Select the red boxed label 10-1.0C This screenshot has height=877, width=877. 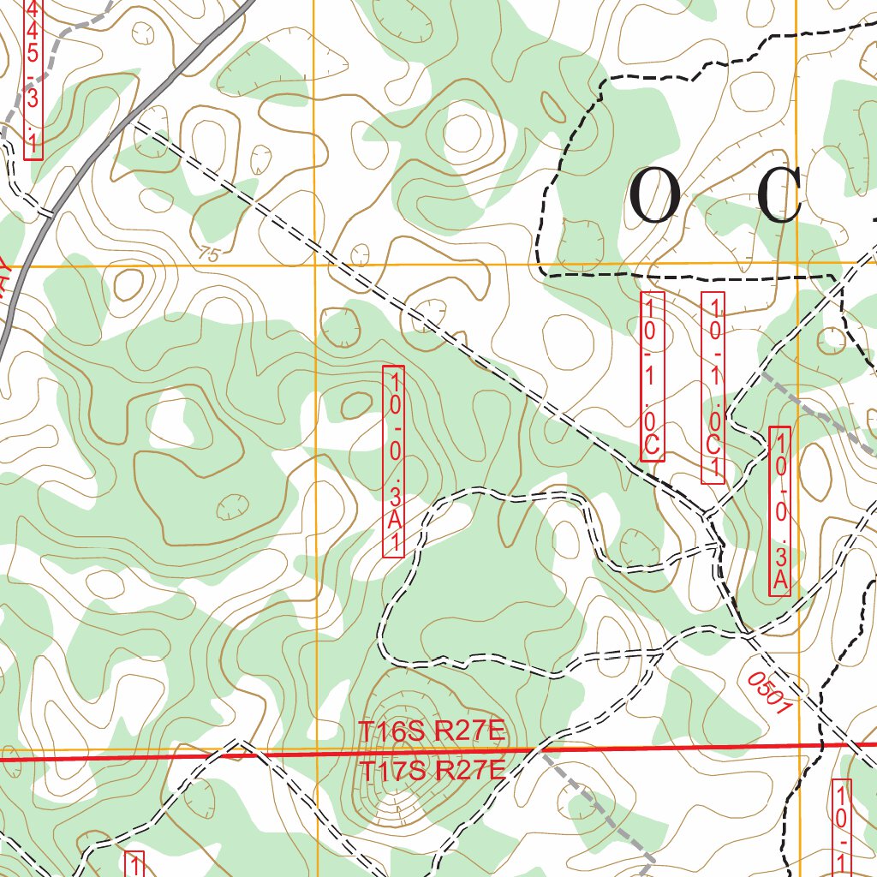[653, 376]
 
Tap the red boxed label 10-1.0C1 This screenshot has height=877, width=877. [713, 387]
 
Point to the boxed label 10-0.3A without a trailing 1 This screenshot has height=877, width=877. [780, 510]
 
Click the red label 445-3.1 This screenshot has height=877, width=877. [33, 77]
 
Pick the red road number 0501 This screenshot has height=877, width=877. [767, 692]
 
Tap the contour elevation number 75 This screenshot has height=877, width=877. [207, 254]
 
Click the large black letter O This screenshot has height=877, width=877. [655, 196]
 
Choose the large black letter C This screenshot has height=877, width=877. [779, 196]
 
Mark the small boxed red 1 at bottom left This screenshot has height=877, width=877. [134, 863]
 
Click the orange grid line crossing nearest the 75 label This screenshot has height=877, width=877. [315, 265]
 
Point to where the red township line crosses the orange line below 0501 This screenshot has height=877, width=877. [799, 746]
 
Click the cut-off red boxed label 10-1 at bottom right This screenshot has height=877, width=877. [844, 826]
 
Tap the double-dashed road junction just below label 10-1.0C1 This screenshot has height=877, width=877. [706, 516]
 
